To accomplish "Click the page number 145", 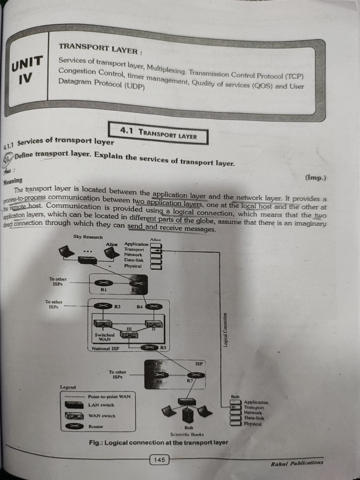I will pyautogui.click(x=159, y=460).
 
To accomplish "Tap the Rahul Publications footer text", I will pyautogui.click(x=297, y=463).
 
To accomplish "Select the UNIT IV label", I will pyautogui.click(x=27, y=69).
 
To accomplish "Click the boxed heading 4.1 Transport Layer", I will pyautogui.click(x=158, y=134).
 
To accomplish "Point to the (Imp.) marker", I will pyautogui.click(x=315, y=178).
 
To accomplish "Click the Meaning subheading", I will pyautogui.click(x=13, y=180).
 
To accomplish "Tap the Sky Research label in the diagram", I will pyautogui.click(x=88, y=237).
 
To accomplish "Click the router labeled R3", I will pyautogui.click(x=103, y=306).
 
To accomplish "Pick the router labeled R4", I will pyautogui.click(x=153, y=307).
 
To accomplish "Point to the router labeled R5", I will pyautogui.click(x=150, y=347).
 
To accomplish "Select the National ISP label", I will pyautogui.click(x=106, y=349).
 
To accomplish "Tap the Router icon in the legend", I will pyautogui.click(x=74, y=426).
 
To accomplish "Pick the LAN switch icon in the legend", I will pyautogui.click(x=74, y=405).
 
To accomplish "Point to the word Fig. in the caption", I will pyautogui.click(x=96, y=442).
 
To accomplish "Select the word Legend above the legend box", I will pyautogui.click(x=68, y=387).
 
